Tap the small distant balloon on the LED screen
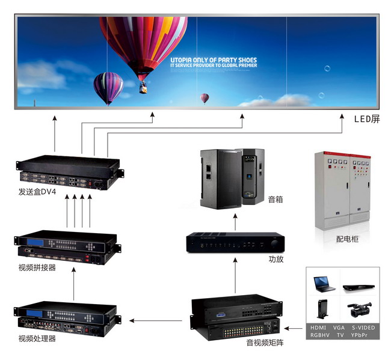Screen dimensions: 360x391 pyautogui.click(x=205, y=97)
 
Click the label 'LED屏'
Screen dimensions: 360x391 pyautogui.click(x=367, y=119)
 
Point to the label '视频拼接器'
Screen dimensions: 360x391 pyautogui.click(x=37, y=267)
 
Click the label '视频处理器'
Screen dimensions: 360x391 pyautogui.click(x=37, y=338)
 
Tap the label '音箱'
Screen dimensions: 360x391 pyautogui.click(x=275, y=199)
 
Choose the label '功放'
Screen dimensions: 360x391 pyautogui.click(x=276, y=260)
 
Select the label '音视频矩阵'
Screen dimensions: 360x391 pyautogui.click(x=265, y=343)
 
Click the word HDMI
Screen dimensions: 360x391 pyautogui.click(x=318, y=327)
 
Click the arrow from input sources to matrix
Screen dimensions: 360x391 pyautogui.click(x=294, y=329)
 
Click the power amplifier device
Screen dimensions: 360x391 pyautogui.click(x=233, y=243)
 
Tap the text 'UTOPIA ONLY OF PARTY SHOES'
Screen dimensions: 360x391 pyautogui.click(x=214, y=60)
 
